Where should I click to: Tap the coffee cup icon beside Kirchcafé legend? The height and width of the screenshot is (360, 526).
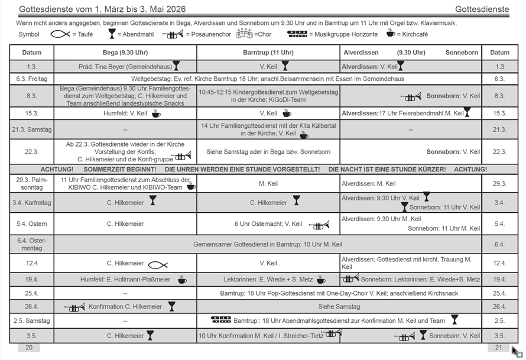tap(390, 33)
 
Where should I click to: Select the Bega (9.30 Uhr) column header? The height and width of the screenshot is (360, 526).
tap(125, 53)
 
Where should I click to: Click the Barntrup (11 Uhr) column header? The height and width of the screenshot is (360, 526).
tap(268, 53)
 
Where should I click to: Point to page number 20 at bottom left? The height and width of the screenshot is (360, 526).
tap(29, 348)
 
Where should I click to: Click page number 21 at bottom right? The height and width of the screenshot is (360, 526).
tap(498, 348)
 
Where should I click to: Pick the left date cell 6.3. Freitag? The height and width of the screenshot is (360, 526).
tap(31, 79)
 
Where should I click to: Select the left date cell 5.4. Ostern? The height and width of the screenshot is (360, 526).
tap(31, 224)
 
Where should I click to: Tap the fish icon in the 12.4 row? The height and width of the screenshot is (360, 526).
tap(158, 264)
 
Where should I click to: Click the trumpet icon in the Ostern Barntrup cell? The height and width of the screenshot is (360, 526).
tap(319, 225)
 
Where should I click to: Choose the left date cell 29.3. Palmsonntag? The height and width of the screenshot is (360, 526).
tap(31, 184)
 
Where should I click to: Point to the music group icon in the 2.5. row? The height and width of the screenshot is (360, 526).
tap(220, 320)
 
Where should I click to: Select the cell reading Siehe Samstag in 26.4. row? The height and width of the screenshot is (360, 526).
tap(339, 307)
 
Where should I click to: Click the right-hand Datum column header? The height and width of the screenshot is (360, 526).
tap(499, 53)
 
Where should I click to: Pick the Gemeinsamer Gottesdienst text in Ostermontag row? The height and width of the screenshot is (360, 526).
tap(268, 244)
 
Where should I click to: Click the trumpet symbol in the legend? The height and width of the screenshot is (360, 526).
tap(173, 34)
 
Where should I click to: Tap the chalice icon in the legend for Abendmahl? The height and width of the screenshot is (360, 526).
tap(112, 34)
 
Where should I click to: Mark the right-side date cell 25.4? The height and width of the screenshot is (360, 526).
tap(499, 293)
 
